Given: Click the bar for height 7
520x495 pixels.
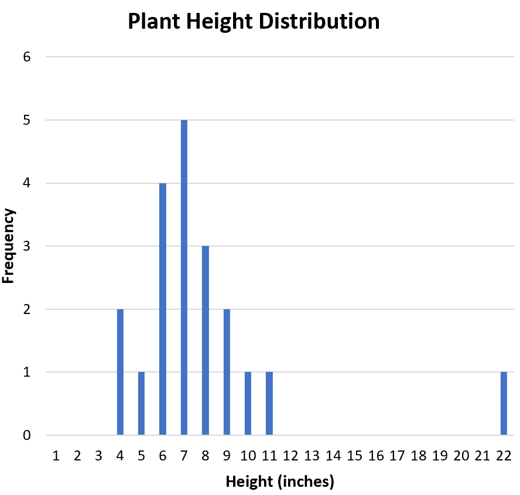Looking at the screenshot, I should coord(184,278).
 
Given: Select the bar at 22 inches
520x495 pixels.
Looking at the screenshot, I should coord(504,404).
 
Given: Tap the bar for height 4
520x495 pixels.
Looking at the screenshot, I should coord(120,372).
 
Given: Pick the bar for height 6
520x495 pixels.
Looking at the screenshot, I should coord(163,309).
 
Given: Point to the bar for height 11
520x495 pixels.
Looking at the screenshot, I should coord(269,404).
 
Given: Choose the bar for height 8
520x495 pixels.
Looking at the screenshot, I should coord(205,341).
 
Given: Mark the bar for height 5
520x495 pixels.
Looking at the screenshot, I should coord(141,404).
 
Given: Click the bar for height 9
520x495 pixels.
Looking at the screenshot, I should coord(227,372).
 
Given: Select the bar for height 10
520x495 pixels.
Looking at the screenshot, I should coord(248,404).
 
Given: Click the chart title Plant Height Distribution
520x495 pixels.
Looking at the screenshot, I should coord(254,22).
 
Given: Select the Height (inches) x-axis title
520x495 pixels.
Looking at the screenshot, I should coord(279,482).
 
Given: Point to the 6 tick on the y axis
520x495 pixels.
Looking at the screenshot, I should coord(27,57).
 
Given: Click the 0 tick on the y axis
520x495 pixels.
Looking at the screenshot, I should coord(27,436).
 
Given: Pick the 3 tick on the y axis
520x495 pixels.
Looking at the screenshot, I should coord(27,247).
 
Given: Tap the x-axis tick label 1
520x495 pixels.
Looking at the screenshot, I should coord(56,456).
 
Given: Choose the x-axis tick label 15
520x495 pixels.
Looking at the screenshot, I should coord(354,456).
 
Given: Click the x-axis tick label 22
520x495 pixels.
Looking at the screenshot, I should coord(503,456).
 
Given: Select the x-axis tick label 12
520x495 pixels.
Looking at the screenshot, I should coord(290,456).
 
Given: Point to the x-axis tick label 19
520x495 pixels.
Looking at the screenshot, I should coord(439,456).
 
